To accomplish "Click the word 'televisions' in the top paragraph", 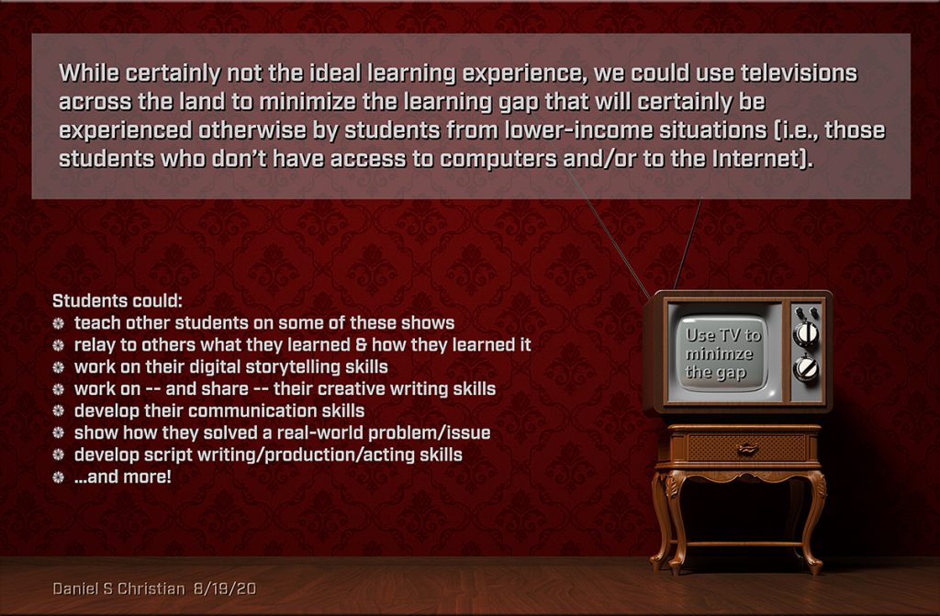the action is click(x=799, y=73).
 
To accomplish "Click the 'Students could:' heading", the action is click(x=117, y=300).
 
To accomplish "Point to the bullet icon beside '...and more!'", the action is click(x=58, y=477).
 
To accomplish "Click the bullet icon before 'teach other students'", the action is click(x=58, y=323).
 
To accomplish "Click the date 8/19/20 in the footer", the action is click(x=226, y=588).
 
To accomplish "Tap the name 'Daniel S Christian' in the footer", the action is click(x=118, y=588).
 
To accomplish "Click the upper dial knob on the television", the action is click(x=806, y=333).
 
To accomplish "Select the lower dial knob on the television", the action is click(x=806, y=368).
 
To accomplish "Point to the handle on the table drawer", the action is click(x=747, y=449).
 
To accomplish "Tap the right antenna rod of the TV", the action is click(x=688, y=244).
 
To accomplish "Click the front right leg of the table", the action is click(x=814, y=521).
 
